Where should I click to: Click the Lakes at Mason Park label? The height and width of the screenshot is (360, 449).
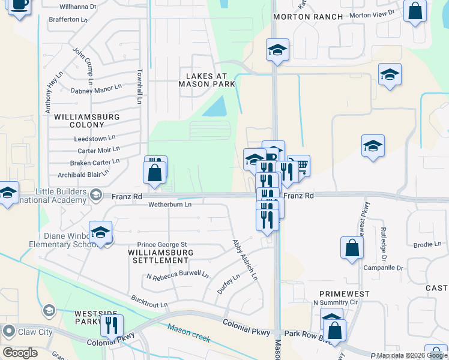click(x=206, y=80)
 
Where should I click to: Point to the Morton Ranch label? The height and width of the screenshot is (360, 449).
click(x=299, y=17)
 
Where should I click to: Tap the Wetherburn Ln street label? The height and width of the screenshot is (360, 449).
click(x=170, y=205)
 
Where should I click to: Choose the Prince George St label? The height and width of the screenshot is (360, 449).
click(x=163, y=245)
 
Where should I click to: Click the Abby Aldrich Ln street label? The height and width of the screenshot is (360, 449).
click(x=245, y=260)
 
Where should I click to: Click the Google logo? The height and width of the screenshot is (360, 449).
click(x=20, y=353)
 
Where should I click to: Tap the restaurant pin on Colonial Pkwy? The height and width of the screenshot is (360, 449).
click(x=111, y=326)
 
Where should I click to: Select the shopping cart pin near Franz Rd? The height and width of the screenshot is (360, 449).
click(x=299, y=165)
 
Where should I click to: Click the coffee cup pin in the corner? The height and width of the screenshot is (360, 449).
click(x=19, y=6)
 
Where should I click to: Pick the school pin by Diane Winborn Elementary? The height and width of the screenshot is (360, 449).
click(x=100, y=232)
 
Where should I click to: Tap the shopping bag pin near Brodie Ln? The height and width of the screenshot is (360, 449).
click(x=352, y=247)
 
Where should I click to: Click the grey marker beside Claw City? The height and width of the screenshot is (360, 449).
click(x=8, y=331)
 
